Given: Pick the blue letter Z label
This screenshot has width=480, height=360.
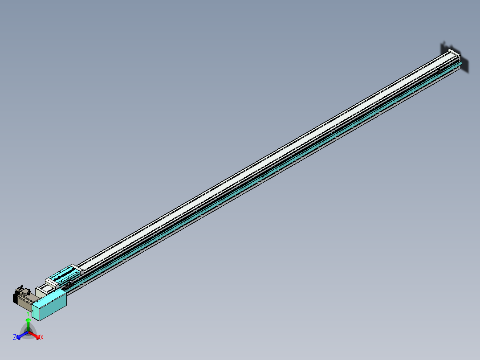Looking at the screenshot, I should [x=15, y=337].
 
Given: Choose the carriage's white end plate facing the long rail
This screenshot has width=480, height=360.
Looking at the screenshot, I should [x=77, y=268].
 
